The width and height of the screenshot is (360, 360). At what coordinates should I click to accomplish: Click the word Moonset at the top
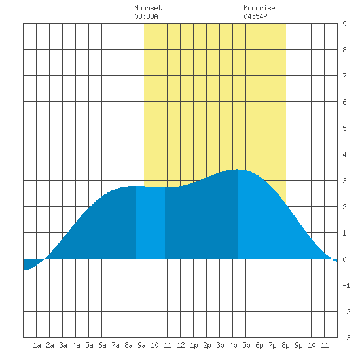[148, 8]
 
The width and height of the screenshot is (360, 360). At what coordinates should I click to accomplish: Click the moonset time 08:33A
[146, 16]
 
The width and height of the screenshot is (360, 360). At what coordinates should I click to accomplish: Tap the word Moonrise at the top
[259, 8]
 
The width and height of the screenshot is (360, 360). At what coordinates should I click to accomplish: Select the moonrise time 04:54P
[255, 16]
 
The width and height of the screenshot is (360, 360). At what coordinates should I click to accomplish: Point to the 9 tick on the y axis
[344, 24]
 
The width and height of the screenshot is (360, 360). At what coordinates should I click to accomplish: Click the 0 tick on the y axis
[344, 259]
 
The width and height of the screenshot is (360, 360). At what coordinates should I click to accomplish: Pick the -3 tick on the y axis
[346, 338]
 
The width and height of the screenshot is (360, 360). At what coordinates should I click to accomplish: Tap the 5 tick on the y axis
[344, 128]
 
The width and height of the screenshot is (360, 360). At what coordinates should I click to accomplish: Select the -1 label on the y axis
[346, 285]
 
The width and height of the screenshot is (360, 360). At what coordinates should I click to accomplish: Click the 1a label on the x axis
[37, 345]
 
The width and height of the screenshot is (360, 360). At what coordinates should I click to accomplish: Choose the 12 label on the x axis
[181, 345]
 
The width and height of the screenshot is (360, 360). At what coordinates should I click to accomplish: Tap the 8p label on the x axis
[285, 345]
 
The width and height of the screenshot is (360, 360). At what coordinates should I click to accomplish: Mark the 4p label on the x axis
[233, 345]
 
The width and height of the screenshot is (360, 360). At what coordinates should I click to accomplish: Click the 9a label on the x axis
[141, 345]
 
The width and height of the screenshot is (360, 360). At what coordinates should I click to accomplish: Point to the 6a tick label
[102, 345]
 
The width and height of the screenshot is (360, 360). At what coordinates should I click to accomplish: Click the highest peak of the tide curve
[238, 170]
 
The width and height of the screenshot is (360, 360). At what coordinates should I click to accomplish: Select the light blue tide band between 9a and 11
[151, 223]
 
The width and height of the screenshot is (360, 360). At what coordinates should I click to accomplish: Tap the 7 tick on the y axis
[344, 76]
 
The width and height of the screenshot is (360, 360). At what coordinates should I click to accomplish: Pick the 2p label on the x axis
[207, 345]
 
